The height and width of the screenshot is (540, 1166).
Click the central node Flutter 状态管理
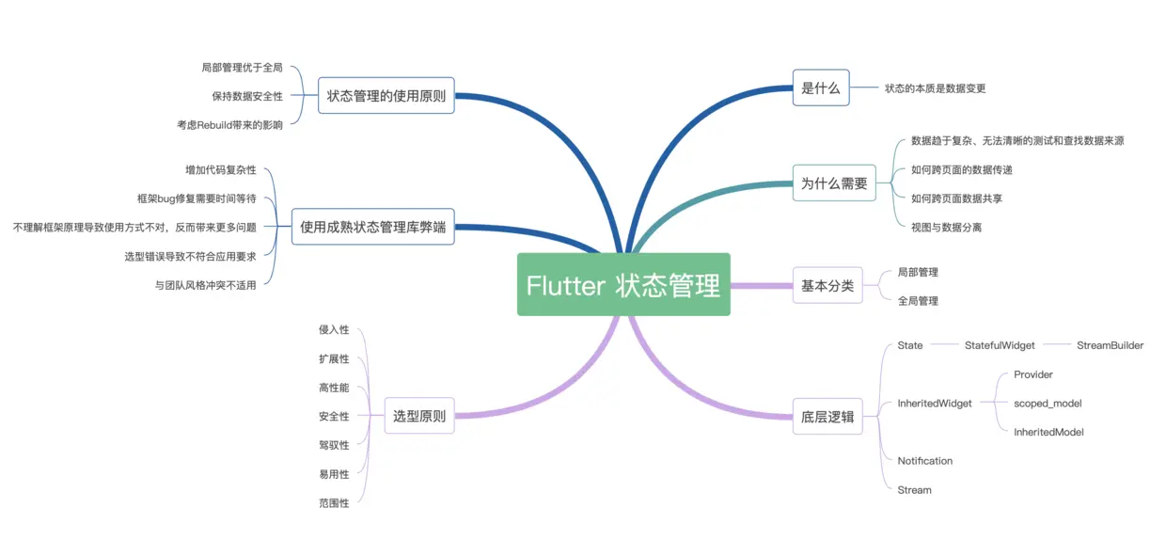pyautogui.click(x=623, y=284)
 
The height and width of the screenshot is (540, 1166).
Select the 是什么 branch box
pyautogui.click(x=821, y=88)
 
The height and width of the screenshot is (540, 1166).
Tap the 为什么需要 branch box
pyautogui.click(x=834, y=183)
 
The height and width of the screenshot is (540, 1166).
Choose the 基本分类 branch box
pyautogui.click(x=827, y=285)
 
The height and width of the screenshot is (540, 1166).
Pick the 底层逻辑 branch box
pyautogui.click(x=827, y=416)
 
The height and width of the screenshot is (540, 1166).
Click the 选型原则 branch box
pyautogui.click(x=419, y=416)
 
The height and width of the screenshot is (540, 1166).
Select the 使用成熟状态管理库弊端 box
pyautogui.click(x=373, y=227)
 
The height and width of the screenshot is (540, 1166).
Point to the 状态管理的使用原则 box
pyautogui.click(x=386, y=95)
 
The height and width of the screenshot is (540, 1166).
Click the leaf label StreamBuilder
pyautogui.click(x=1110, y=345)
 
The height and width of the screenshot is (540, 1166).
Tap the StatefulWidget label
pyautogui.click(x=1000, y=345)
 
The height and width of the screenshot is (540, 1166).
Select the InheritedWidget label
pyautogui.click(x=935, y=404)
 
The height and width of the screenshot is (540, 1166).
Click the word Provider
pyautogui.click(x=1033, y=374)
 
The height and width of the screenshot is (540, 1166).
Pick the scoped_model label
pyautogui.click(x=1048, y=404)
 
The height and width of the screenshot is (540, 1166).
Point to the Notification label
pyautogui.click(x=925, y=461)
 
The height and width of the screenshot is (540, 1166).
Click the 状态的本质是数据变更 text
pyautogui.click(x=936, y=88)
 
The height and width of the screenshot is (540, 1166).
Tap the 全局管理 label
pyautogui.click(x=918, y=301)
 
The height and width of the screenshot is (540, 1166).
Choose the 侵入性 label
pyautogui.click(x=334, y=329)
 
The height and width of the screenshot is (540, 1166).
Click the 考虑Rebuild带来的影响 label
pyautogui.click(x=229, y=124)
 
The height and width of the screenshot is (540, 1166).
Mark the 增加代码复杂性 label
pyautogui.click(x=221, y=170)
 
